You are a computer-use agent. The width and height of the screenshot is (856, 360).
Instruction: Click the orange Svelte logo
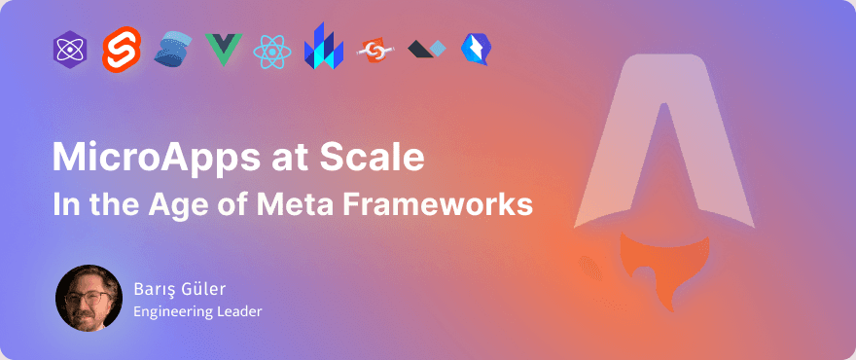coord(123,48)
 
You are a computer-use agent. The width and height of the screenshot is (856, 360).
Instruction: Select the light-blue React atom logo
coord(271,50)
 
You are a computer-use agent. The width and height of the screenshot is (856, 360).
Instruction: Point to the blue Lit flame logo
coord(323,47)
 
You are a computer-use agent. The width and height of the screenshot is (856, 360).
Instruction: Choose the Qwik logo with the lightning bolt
coord(476,48)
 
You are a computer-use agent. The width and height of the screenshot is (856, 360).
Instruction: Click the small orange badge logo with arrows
coord(374,49)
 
